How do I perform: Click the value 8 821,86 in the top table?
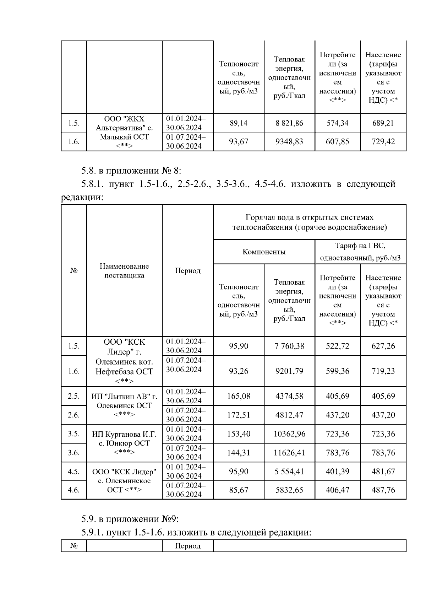click(289, 123)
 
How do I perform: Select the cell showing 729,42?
click(383, 142)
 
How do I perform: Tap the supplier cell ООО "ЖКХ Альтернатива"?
click(124, 132)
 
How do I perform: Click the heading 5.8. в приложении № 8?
click(131, 171)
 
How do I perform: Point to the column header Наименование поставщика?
click(124, 271)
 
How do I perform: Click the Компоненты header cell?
click(264, 252)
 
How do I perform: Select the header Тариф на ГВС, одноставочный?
click(360, 252)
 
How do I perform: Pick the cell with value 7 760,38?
click(289, 346)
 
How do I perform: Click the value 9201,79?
click(289, 371)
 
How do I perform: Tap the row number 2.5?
click(74, 396)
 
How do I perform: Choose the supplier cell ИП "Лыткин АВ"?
click(124, 405)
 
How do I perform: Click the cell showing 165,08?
click(239, 396)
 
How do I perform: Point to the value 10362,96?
click(289, 434)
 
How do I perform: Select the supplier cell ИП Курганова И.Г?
click(124, 443)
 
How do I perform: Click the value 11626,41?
click(289, 453)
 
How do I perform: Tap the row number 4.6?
click(74, 490)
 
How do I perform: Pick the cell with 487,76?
click(383, 490)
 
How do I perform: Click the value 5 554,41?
click(289, 472)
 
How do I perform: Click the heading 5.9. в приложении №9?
click(130, 519)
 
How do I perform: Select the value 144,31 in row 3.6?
click(239, 453)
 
